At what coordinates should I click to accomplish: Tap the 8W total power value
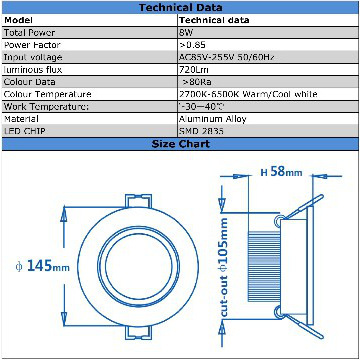(186, 32)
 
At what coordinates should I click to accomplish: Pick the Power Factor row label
(31, 45)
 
